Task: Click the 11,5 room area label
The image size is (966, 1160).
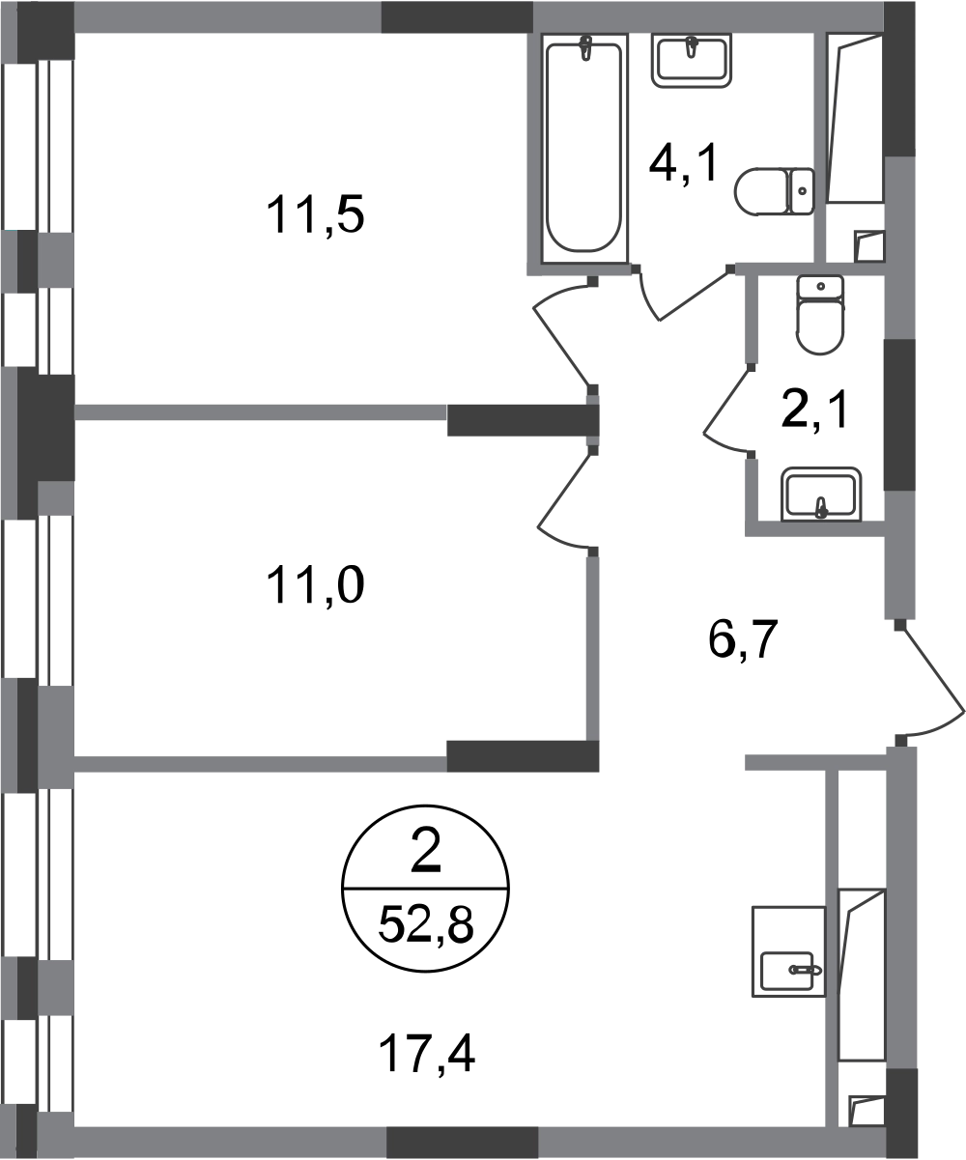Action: (315, 215)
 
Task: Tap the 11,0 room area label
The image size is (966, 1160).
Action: (315, 584)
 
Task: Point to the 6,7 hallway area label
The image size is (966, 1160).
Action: (743, 640)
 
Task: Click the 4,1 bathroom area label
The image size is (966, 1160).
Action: (684, 163)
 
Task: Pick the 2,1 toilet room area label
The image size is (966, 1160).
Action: (814, 410)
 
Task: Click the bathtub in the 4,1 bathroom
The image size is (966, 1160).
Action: (583, 147)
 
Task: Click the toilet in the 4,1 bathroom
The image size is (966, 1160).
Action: (774, 191)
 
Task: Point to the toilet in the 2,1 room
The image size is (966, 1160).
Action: (820, 315)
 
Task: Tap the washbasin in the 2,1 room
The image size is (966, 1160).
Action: (821, 494)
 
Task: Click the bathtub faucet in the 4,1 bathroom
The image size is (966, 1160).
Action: (584, 47)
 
